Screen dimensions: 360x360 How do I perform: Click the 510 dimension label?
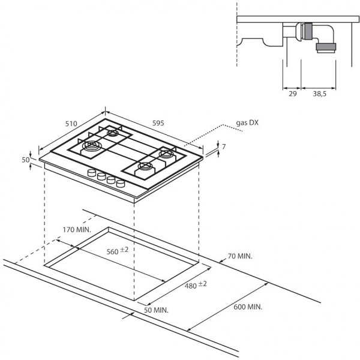pyautogui.click(x=71, y=124)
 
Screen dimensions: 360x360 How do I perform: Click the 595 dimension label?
pyautogui.click(x=158, y=123)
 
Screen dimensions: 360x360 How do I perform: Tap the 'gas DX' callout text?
pyautogui.click(x=247, y=122)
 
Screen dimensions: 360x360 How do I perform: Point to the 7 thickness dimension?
pyautogui.click(x=224, y=146)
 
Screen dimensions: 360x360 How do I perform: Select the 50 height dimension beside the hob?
pyautogui.click(x=25, y=160)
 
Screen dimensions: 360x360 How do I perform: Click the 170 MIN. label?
pyautogui.click(x=77, y=229)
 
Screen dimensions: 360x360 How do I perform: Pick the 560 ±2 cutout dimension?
pyautogui.click(x=118, y=251)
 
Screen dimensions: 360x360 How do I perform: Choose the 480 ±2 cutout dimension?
pyautogui.click(x=196, y=285)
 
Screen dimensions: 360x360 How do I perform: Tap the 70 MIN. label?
pyautogui.click(x=240, y=256)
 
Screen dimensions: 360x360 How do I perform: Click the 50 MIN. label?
pyautogui.click(x=156, y=310)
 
